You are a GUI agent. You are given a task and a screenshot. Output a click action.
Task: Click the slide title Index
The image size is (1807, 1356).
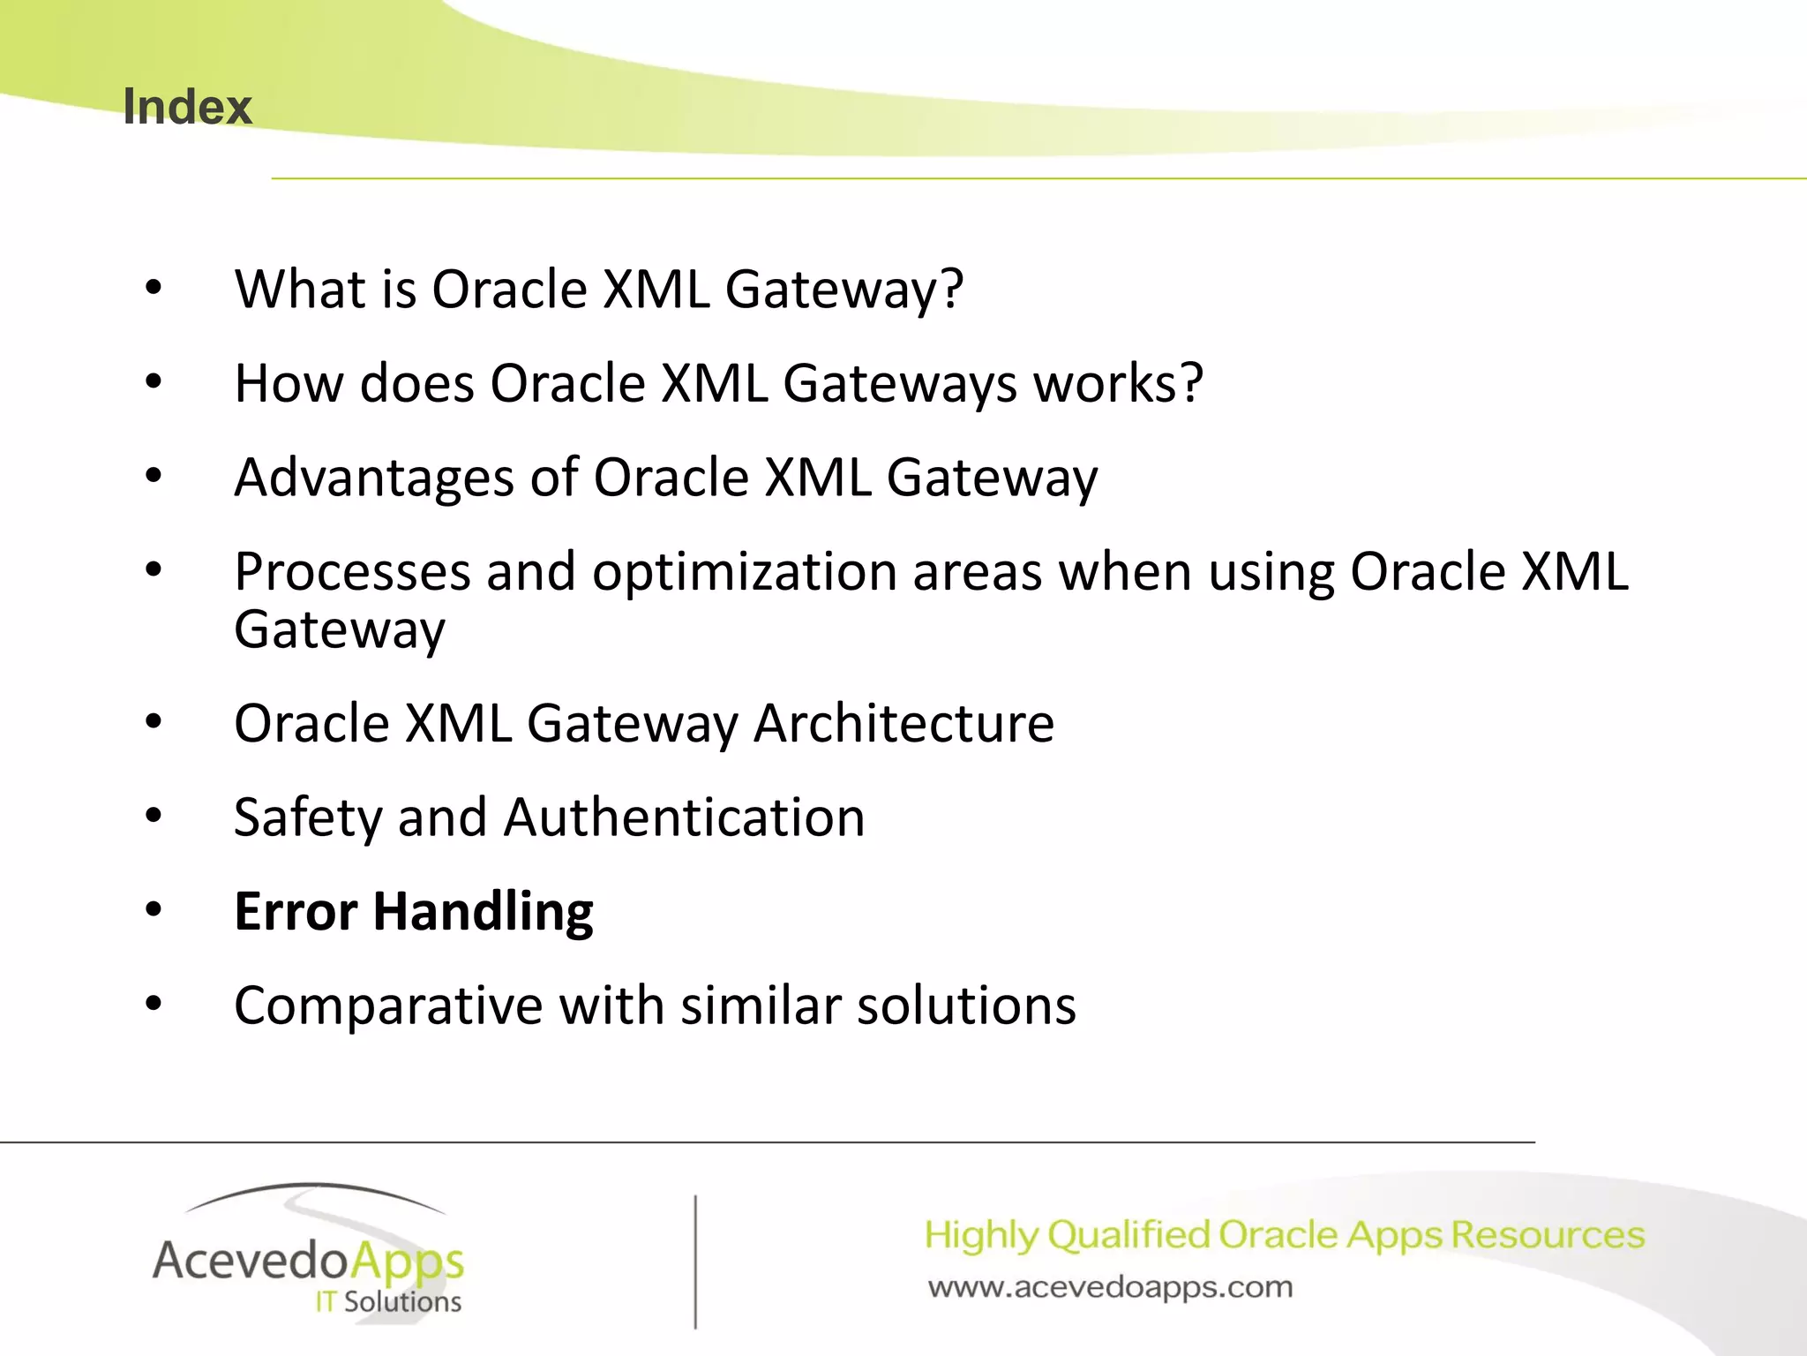coord(187,108)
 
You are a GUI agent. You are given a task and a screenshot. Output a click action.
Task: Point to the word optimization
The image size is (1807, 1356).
coord(745,573)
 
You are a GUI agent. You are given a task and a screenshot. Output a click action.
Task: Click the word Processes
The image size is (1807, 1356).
coord(352,573)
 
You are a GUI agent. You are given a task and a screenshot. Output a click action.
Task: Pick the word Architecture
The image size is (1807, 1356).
coord(903,724)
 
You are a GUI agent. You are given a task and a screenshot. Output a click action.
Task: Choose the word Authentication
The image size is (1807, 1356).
coord(684,818)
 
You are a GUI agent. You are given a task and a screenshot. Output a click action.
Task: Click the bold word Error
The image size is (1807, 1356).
coord(296,912)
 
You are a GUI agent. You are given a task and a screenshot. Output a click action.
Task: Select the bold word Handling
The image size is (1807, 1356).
coord(483,912)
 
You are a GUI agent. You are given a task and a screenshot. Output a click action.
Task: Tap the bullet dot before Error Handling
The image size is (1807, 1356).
coord(154,909)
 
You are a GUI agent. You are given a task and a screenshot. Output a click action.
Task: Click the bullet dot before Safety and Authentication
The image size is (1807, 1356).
coord(154,815)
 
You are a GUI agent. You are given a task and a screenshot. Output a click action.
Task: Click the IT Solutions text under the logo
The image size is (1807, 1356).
coord(388,1302)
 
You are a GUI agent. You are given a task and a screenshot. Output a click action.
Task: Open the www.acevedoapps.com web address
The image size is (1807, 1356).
coord(1110,1287)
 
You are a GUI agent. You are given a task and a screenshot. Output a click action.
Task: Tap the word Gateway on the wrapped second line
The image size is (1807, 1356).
coord(340,630)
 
